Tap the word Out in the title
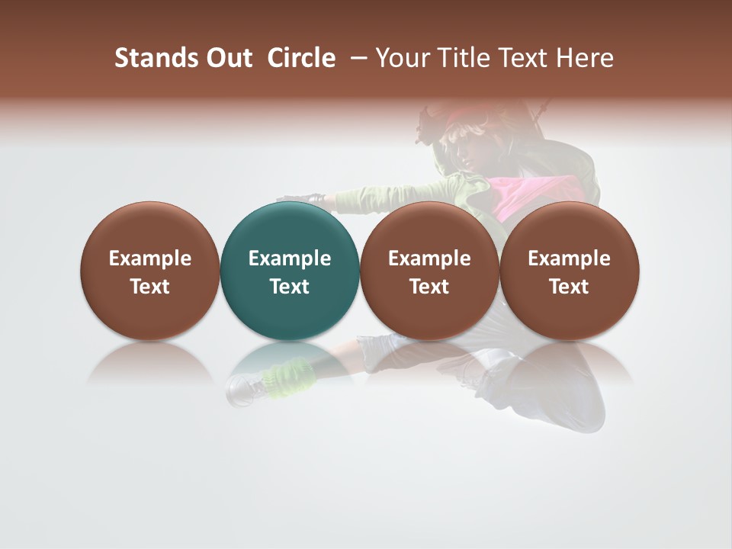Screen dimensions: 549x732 [226, 58]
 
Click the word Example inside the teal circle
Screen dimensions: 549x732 [290, 258]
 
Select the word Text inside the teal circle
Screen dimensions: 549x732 [290, 287]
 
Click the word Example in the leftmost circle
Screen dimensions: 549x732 [150, 258]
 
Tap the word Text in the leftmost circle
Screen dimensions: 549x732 [150, 287]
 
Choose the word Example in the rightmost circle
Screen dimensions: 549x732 [569, 258]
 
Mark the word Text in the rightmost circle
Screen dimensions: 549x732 [569, 287]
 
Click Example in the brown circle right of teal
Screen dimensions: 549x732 [429, 258]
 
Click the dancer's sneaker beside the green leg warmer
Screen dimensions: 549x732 [242, 390]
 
